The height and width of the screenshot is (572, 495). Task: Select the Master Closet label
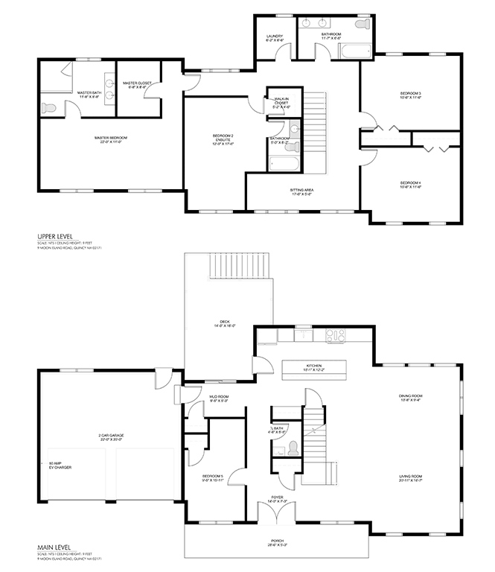(136, 85)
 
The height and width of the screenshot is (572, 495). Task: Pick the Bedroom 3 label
(410, 95)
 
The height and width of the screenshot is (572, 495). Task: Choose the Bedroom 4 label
(410, 185)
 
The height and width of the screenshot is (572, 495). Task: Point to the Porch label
(278, 543)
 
